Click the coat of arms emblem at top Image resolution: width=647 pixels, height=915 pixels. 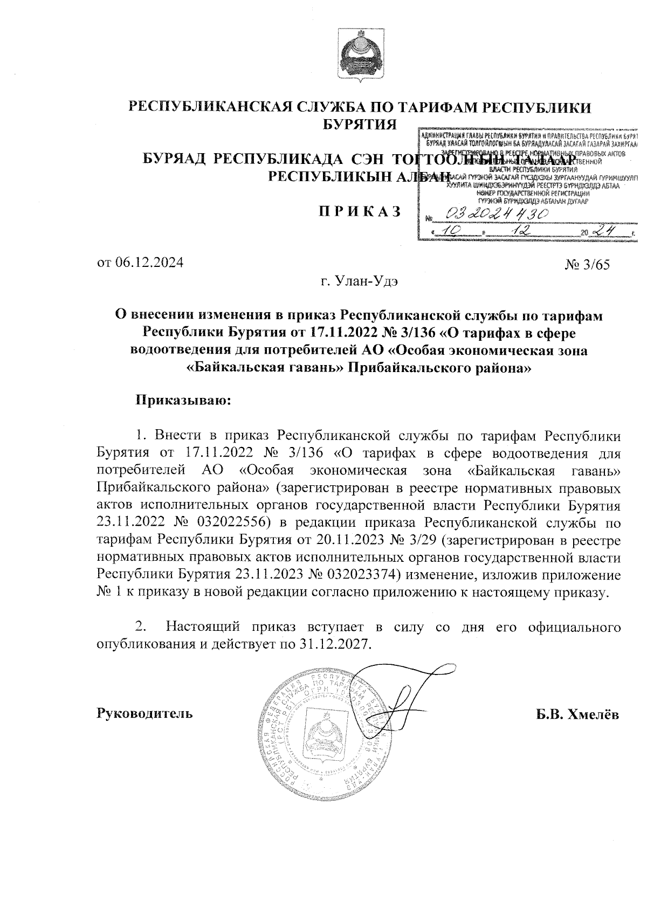359,54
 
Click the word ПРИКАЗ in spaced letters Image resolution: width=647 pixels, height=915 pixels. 359,211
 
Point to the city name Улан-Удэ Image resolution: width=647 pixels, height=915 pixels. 368,281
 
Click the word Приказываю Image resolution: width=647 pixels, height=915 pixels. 183,401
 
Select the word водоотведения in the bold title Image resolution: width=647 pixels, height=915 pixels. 180,351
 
